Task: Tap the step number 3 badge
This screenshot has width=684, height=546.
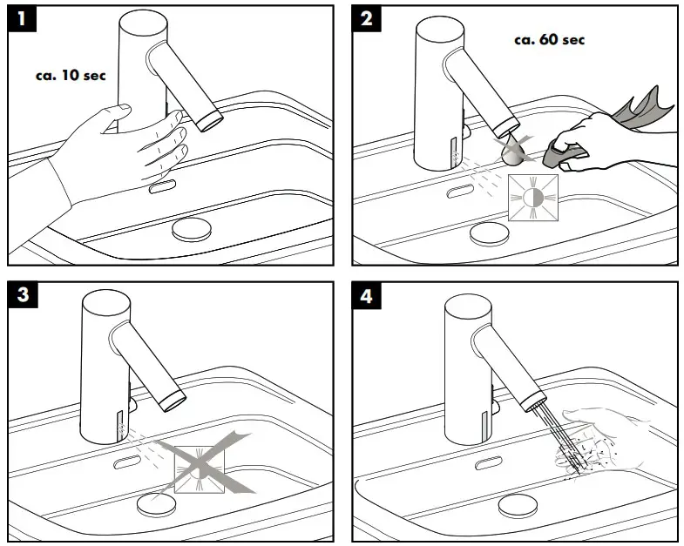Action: pyautogui.click(x=22, y=294)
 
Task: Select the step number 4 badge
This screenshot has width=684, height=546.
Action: pyautogui.click(x=366, y=294)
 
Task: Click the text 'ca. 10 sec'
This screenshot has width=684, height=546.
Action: pyautogui.click(x=71, y=75)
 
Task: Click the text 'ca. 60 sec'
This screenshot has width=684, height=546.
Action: pyautogui.click(x=550, y=39)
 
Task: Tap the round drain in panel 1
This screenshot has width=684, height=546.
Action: pyautogui.click(x=192, y=229)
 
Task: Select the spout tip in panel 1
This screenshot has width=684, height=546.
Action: pyautogui.click(x=210, y=120)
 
